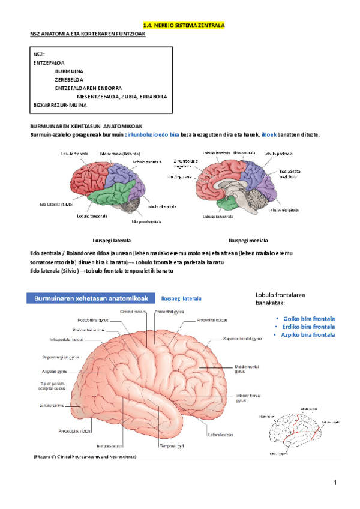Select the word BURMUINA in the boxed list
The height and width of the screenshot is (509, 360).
[x=69, y=70]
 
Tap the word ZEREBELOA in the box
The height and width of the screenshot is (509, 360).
[x=69, y=79]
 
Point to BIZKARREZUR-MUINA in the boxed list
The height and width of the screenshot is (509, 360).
[x=60, y=104]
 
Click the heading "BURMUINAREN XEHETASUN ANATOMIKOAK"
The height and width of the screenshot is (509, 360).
[x=86, y=126]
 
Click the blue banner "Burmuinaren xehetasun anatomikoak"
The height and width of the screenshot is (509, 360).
[x=88, y=297]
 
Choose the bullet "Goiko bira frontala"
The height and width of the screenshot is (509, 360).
[x=308, y=319]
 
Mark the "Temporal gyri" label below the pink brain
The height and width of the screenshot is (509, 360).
[x=171, y=446]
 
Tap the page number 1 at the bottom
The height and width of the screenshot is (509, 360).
[x=337, y=483]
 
